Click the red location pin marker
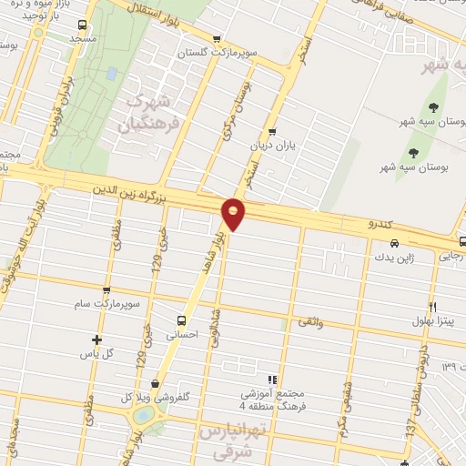click(x=234, y=213)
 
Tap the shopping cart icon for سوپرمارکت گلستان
click(x=216, y=39)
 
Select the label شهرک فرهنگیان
click(x=146, y=111)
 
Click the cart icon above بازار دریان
click(x=272, y=131)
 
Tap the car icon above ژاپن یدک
click(x=393, y=243)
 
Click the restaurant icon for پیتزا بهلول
click(x=433, y=307)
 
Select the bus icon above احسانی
click(x=182, y=320)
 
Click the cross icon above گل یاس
click(x=97, y=339)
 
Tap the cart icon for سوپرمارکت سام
click(x=106, y=291)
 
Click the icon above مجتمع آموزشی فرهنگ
click(x=270, y=379)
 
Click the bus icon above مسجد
click(x=83, y=25)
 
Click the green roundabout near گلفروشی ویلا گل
click(x=145, y=416)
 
